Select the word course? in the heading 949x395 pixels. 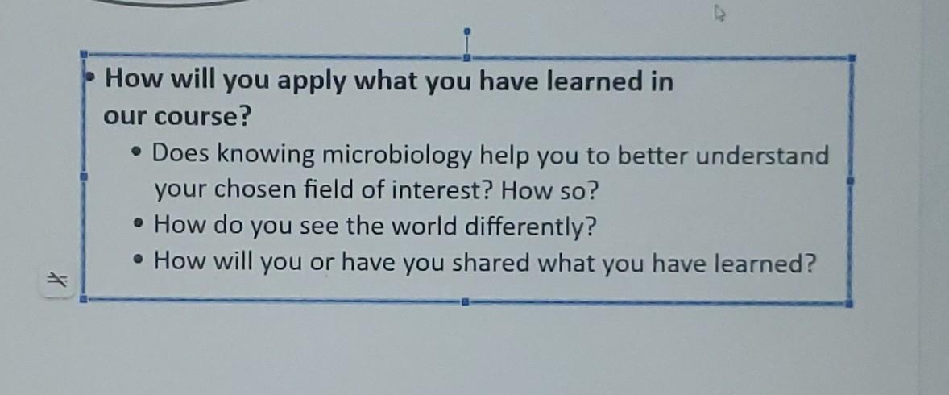point(209,117)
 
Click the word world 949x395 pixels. point(429,226)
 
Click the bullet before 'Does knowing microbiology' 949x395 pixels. point(140,152)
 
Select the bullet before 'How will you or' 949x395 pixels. point(142,260)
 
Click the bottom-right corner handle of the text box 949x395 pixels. point(849,304)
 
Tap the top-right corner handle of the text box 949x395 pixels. point(852,58)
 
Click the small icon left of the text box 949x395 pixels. point(55,280)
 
